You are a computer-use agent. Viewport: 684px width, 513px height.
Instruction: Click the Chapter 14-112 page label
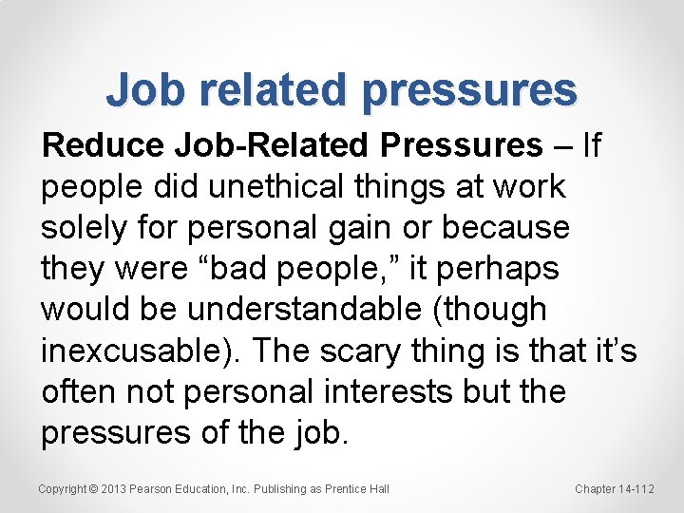615,488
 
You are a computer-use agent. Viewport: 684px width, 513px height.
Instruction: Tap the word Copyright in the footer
63,488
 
